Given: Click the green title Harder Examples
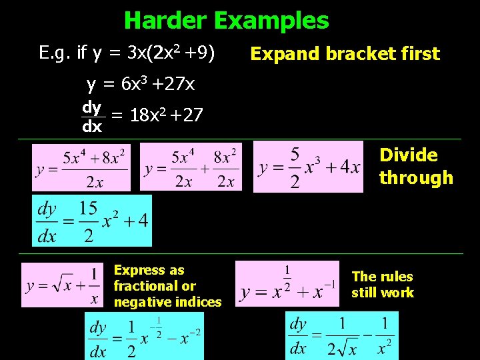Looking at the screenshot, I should coord(226,21).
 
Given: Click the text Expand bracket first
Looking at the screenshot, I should coord(345,54).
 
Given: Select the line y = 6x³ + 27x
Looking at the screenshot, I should coord(141,85).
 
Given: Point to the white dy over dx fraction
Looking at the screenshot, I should coord(92,116).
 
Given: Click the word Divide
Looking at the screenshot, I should coord(409,155).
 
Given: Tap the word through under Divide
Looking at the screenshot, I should coord(416,178).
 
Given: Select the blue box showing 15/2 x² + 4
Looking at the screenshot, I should coord(92,221).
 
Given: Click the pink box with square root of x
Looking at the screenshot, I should coord(63,285).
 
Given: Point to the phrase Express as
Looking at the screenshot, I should coord(149,270).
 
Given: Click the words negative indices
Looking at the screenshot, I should coord(167,302).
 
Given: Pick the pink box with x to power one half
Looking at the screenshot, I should coord(287,283).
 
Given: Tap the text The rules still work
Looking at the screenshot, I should coord(382,285).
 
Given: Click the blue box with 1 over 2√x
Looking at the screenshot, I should coord(341,335).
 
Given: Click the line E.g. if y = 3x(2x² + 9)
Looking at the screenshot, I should coord(127,53).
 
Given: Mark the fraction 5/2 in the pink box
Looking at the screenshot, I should coord(294,167).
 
